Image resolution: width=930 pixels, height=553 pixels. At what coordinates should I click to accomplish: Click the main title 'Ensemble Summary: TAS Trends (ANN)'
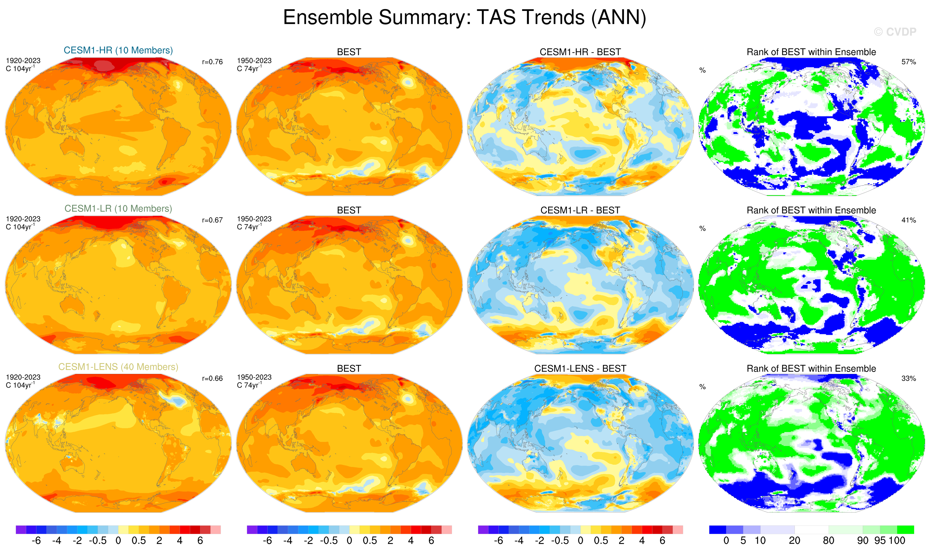465,18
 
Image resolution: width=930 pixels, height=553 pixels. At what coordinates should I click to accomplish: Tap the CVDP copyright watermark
895,32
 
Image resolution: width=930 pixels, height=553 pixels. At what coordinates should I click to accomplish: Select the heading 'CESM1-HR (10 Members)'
118,50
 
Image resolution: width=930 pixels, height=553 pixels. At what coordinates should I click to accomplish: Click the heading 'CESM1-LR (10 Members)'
118,209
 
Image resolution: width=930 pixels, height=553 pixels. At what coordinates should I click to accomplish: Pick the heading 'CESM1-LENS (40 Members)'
118,367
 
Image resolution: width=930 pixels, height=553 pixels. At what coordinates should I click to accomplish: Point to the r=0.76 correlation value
212,62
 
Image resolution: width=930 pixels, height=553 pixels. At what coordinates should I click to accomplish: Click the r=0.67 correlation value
212,220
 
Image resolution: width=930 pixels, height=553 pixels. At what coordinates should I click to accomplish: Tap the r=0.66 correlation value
212,379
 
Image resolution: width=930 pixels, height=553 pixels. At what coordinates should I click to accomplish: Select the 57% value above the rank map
908,62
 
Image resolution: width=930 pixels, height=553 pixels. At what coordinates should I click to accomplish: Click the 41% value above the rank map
908,220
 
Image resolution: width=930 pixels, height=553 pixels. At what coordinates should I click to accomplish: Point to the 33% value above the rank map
908,379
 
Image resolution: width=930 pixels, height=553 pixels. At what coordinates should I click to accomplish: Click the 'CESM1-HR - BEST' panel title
580,52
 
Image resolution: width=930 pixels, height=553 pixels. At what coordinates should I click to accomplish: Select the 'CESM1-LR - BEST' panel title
580,211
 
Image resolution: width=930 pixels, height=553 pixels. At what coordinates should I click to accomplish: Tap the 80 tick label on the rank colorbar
829,541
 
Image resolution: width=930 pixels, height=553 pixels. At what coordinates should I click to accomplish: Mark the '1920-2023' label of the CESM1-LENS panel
23,377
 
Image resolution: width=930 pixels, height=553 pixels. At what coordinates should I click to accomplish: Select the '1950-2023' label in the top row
254,61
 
